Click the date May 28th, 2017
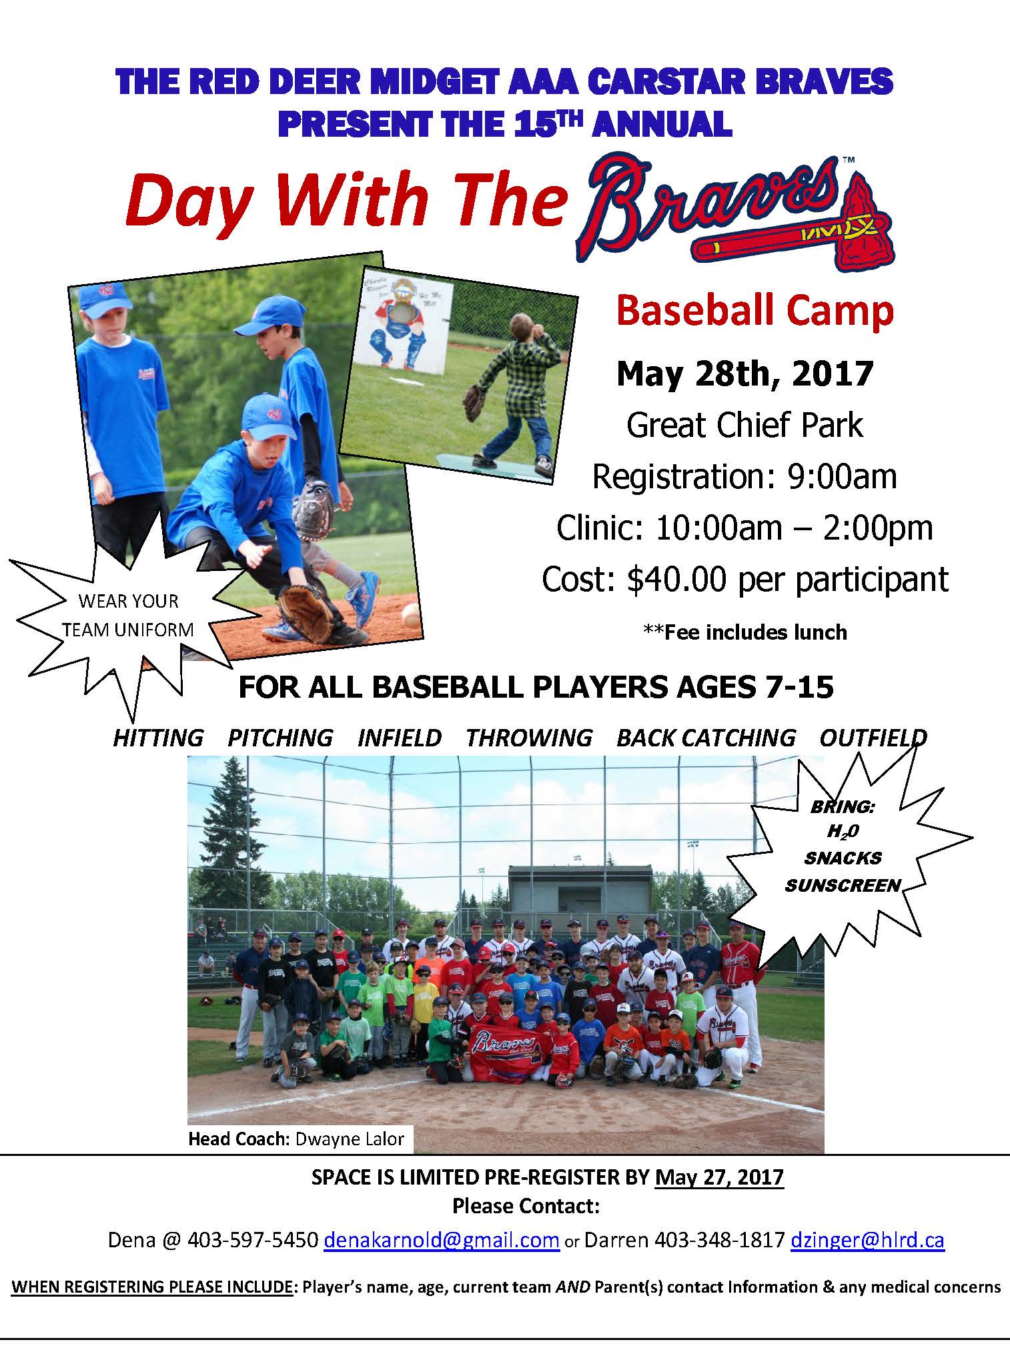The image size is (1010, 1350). (744, 374)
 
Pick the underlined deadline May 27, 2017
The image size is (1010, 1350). (719, 1177)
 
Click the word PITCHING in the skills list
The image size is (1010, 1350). (280, 737)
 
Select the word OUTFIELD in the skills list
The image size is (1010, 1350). (873, 737)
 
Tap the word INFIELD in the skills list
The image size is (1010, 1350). (400, 737)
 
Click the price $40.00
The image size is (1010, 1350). (676, 579)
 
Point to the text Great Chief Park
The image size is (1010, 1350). (744, 425)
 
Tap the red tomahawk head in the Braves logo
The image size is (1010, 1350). (866, 223)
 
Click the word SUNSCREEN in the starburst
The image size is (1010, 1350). (843, 885)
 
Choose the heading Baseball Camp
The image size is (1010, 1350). (754, 311)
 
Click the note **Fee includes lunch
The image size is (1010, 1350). (744, 632)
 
